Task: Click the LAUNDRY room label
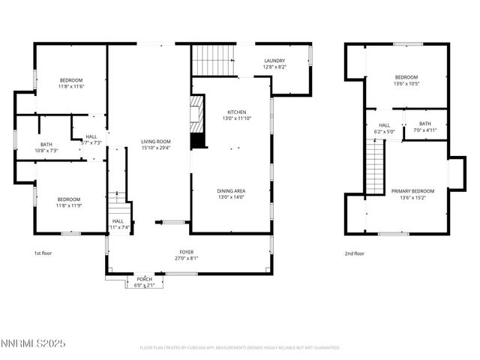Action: (274, 61)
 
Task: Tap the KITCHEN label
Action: (232, 112)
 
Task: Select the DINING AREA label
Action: (232, 190)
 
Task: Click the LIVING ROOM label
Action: (157, 141)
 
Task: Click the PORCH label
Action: (143, 279)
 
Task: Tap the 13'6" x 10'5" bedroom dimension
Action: (406, 83)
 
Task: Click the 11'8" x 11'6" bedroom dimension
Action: (71, 86)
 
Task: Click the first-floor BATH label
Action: (46, 145)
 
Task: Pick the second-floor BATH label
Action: (425, 124)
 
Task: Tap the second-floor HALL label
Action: (384, 125)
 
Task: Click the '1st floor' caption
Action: (43, 253)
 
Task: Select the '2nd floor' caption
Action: (354, 253)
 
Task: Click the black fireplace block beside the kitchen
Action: (197, 140)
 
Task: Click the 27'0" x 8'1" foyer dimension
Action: (187, 258)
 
